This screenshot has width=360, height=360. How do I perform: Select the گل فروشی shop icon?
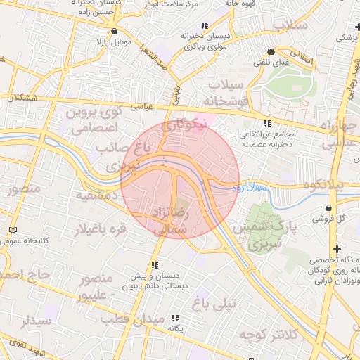(330, 207)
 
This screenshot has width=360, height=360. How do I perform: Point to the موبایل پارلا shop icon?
(114, 31)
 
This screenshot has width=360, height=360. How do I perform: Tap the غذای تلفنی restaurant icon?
(271, 51)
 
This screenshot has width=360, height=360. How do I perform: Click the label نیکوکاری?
(184, 126)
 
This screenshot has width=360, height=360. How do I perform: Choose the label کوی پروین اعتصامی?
(94, 120)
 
